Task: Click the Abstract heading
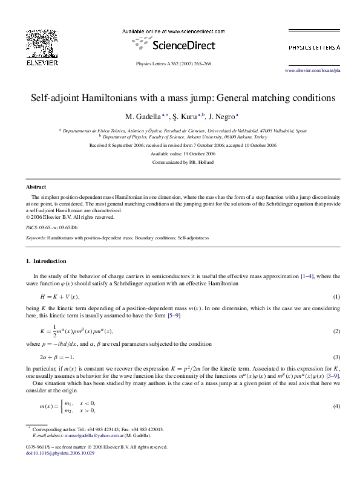[36, 187]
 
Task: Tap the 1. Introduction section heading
[46, 261]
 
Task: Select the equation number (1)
[337, 297]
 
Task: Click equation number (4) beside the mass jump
[337, 406]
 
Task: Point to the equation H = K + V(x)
[59, 297]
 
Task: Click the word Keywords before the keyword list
[35, 238]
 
